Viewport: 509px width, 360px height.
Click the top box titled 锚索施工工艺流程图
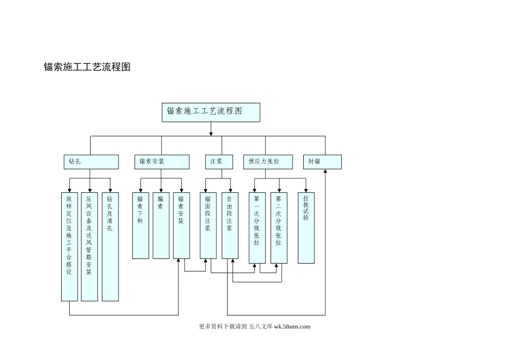click(211, 112)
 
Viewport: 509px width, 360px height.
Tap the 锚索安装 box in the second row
click(161, 162)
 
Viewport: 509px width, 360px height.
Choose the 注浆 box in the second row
click(219, 162)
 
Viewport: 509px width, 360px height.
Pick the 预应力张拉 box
click(268, 162)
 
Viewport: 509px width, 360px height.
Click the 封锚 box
click(322, 162)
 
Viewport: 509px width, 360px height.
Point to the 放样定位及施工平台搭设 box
click(70, 246)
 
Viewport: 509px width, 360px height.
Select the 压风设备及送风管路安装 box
click(89, 246)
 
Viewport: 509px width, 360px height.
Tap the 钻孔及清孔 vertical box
click(110, 246)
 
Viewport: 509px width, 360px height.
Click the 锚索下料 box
click(140, 225)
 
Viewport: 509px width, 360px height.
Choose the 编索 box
click(161, 225)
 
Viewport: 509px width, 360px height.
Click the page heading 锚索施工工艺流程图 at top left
click(87, 67)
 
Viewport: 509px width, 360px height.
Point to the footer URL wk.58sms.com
click(292, 326)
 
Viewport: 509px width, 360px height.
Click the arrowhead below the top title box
click(211, 133)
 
